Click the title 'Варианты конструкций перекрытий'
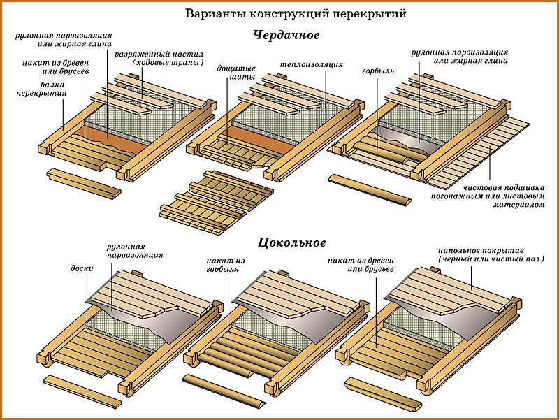pyautogui.click(x=296, y=13)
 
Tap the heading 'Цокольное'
pyautogui.click(x=292, y=243)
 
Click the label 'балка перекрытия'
pyautogui.click(x=43, y=88)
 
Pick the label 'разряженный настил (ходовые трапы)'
pyautogui.click(x=168, y=58)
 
